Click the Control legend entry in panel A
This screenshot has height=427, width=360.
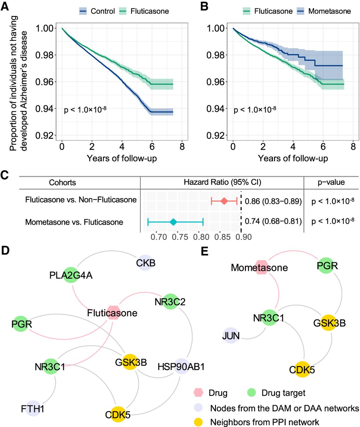pyautogui.click(x=97, y=11)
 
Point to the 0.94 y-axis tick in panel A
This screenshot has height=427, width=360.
pyautogui.click(x=45, y=109)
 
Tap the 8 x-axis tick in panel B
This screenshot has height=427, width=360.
pyautogui.click(x=353, y=147)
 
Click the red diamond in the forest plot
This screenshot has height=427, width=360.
pyautogui.click(x=224, y=201)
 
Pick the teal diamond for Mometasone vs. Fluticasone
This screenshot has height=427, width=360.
pyautogui.click(x=173, y=222)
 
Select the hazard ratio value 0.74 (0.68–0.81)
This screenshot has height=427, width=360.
pyautogui.click(x=273, y=221)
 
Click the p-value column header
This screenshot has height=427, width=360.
pyautogui.click(x=331, y=182)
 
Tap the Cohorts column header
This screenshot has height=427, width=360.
pyautogui.click(x=62, y=182)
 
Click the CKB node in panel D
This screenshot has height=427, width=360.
pyautogui.click(x=145, y=263)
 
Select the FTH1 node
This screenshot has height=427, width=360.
pyautogui.click(x=33, y=408)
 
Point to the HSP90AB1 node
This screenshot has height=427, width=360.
pyautogui.click(x=181, y=367)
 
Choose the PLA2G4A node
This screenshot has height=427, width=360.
pyautogui.click(x=71, y=275)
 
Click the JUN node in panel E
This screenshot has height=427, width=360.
pyautogui.click(x=231, y=336)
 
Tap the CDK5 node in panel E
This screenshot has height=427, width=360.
pyautogui.click(x=302, y=370)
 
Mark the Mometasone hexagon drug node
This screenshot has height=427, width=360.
pyautogui.click(x=262, y=268)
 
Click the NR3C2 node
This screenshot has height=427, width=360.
pyautogui.click(x=170, y=302)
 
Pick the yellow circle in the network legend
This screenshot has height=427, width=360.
pyautogui.click(x=199, y=422)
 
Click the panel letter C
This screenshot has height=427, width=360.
pyautogui.click(x=4, y=175)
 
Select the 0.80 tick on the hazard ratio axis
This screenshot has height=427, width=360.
pyautogui.click(x=201, y=237)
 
